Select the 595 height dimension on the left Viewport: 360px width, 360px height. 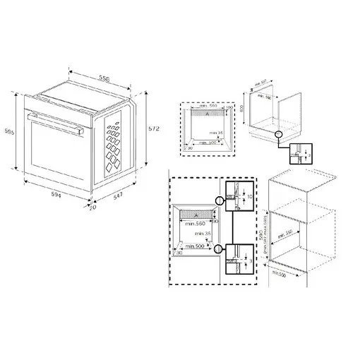point(9,131)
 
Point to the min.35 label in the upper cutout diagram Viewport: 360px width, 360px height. point(215,131)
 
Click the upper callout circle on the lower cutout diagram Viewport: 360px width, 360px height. point(220,200)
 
